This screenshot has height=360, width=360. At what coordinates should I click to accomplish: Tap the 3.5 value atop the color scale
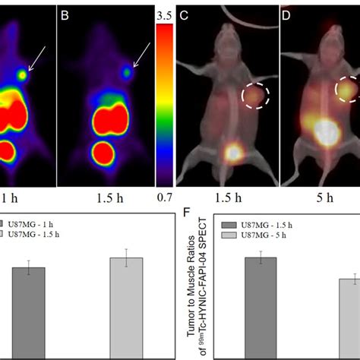point(165,15)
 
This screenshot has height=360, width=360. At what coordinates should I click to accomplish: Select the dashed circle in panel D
point(349,88)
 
